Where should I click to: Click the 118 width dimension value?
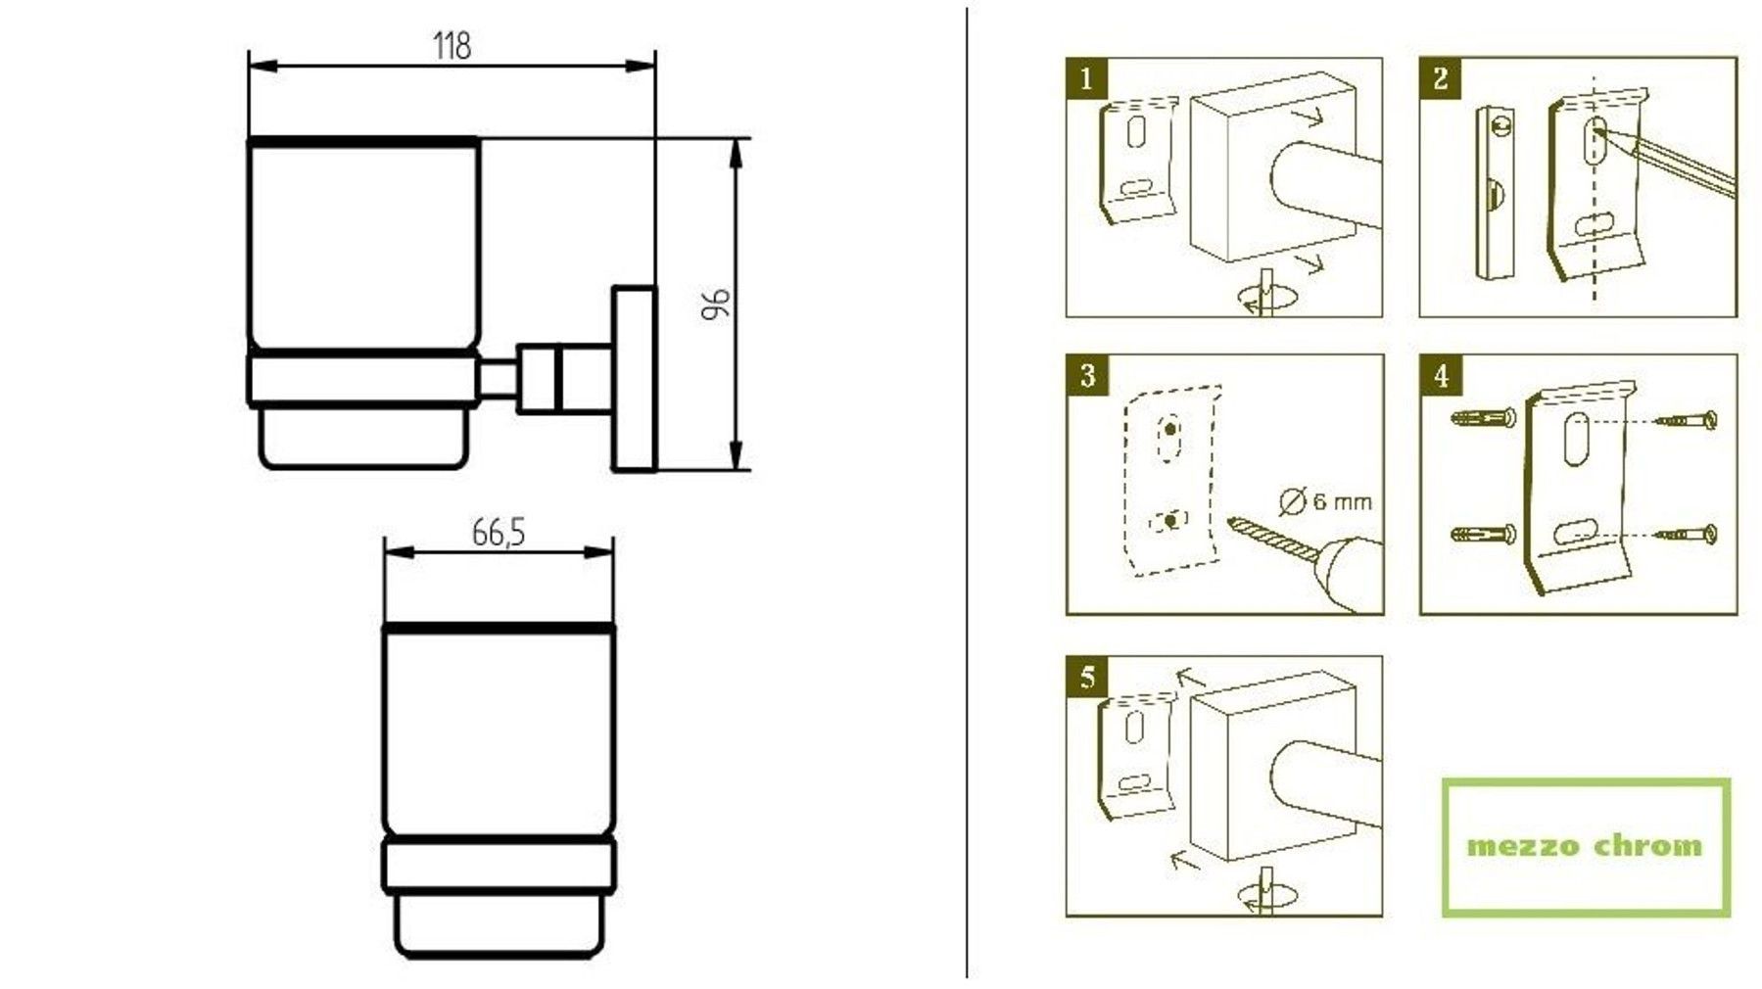pyautogui.click(x=452, y=45)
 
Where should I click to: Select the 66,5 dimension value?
pyautogui.click(x=499, y=533)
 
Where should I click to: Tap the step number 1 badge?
pyautogui.click(x=1086, y=78)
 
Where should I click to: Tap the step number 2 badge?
pyautogui.click(x=1440, y=78)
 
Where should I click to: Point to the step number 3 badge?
pyautogui.click(x=1087, y=375)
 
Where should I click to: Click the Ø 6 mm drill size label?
pyautogui.click(x=1326, y=500)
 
